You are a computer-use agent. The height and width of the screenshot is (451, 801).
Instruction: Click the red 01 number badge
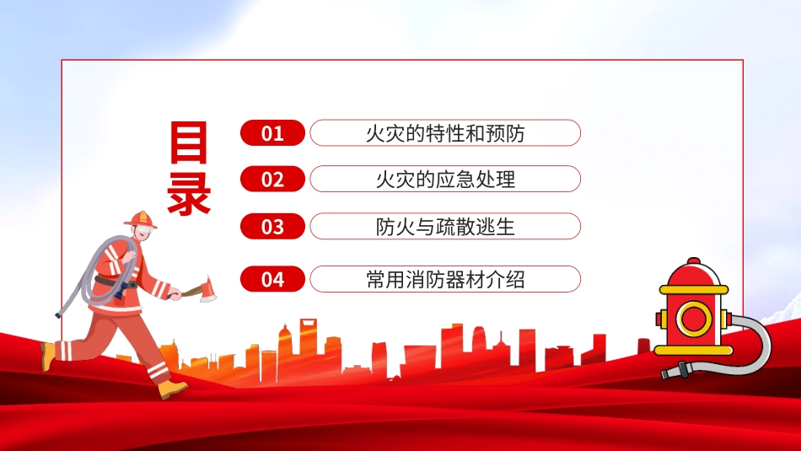coord(273,133)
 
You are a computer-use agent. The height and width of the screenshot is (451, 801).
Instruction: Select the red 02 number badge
coord(273,179)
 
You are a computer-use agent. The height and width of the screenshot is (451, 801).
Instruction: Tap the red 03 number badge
coord(273,226)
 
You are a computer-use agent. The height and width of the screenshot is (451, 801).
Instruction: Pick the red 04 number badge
coord(273,279)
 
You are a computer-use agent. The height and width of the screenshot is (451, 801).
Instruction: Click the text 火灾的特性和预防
coord(445,133)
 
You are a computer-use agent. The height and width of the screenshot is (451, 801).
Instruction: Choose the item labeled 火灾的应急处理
coord(445,180)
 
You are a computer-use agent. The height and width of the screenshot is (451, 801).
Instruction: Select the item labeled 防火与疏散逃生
coord(445,227)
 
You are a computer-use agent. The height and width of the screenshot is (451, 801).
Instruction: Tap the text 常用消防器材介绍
coord(445,279)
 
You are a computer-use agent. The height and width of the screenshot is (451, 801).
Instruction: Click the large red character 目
coord(189,142)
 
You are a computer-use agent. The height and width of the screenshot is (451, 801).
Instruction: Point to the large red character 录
coord(189,193)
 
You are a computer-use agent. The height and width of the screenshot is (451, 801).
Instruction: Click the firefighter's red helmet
coord(141,220)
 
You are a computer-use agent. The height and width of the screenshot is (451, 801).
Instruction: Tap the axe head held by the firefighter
coord(208,289)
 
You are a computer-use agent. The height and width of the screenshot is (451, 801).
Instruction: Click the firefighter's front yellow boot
coord(173,389)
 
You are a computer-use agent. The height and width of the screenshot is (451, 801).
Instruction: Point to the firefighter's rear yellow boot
coord(47,356)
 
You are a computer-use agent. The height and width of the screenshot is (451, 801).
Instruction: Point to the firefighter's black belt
coord(116,282)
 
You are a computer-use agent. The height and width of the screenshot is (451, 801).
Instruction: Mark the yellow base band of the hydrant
coord(694,351)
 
